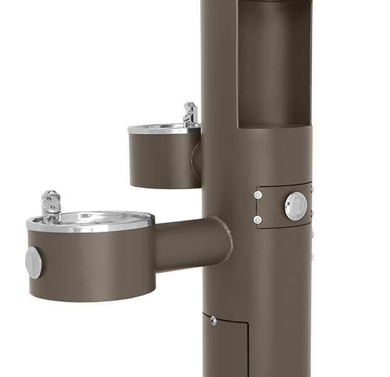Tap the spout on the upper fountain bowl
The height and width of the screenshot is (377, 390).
[190, 114]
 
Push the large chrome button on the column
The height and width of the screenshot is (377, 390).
[295, 206]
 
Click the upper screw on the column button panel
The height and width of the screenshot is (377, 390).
[258, 195]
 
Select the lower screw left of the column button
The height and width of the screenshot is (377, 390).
[258, 219]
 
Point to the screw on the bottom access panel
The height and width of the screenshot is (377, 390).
[214, 321]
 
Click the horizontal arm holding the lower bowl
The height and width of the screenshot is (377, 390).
[188, 244]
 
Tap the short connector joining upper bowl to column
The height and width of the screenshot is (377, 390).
[196, 160]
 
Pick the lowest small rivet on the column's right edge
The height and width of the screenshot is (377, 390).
[312, 256]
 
